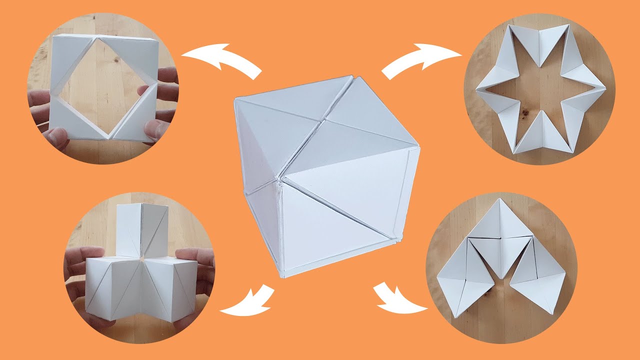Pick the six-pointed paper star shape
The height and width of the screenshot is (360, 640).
coord(540,90)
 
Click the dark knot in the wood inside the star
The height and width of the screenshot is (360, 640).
coord(525,112)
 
